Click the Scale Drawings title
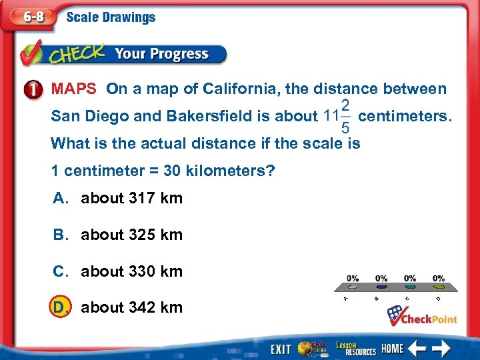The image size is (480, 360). [111, 18]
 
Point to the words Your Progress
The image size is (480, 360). [161, 54]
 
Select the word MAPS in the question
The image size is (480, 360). [75, 89]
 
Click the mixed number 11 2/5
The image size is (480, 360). [337, 116]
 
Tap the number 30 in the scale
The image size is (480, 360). [172, 171]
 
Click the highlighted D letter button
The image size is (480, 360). [61, 307]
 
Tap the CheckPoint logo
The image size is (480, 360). [423, 315]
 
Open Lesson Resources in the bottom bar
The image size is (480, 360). [355, 347]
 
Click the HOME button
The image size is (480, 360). [393, 348]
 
